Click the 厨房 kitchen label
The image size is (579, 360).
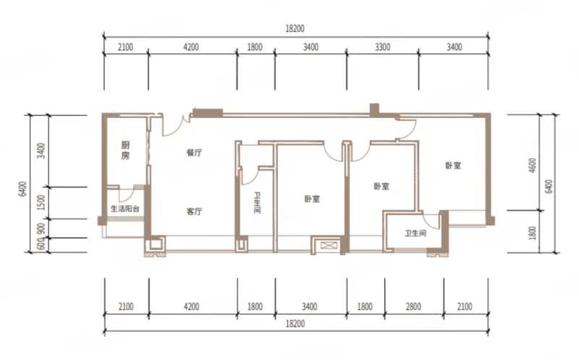pyautogui.click(x=125, y=150)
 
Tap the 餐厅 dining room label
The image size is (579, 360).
pyautogui.click(x=194, y=153)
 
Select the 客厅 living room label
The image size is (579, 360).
pyautogui.click(x=194, y=212)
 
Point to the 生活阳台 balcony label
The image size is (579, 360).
pyautogui.click(x=125, y=209)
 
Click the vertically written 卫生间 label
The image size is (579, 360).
pyautogui.click(x=258, y=203)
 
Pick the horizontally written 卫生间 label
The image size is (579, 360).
pyautogui.click(x=415, y=233)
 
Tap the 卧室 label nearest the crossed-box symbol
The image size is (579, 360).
pyautogui.click(x=312, y=199)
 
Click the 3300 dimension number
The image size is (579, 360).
pyautogui.click(x=383, y=47)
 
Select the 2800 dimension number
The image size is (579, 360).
pyautogui.click(x=413, y=306)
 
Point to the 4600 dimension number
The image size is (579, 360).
pyautogui.click(x=533, y=166)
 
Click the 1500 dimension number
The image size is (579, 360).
pyautogui.click(x=42, y=203)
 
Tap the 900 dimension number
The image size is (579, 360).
pyautogui.click(x=42, y=228)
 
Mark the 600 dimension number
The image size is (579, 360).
pyautogui.click(x=42, y=243)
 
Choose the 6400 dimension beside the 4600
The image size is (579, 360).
pyautogui.click(x=549, y=186)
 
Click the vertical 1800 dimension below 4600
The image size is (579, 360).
pyautogui.click(x=533, y=233)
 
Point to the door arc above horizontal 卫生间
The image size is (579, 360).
pyautogui.click(x=429, y=222)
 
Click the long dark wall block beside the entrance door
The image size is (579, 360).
pyautogui.click(x=208, y=113)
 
